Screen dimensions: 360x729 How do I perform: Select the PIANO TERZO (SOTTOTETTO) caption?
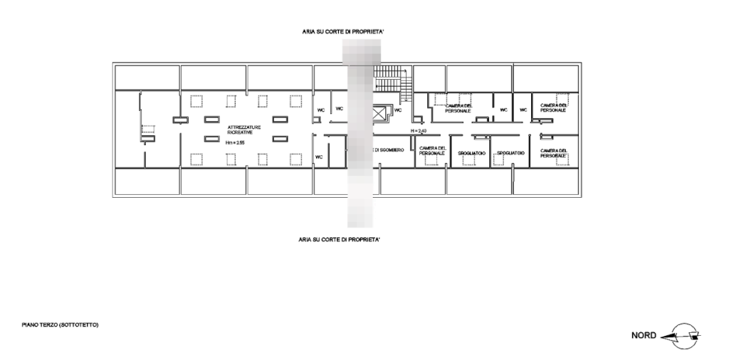(60, 325)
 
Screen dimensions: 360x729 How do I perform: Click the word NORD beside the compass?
(644, 335)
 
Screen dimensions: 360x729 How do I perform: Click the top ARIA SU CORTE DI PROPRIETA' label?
(343, 32)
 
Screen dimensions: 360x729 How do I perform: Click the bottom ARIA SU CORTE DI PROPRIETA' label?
(340, 240)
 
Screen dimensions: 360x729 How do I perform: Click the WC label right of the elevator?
(399, 110)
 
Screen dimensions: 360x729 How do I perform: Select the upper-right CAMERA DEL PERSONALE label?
(552, 107)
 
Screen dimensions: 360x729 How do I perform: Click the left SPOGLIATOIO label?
(471, 153)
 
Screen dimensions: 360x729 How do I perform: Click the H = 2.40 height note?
(418, 131)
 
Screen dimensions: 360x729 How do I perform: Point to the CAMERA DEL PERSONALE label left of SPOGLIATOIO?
(432, 150)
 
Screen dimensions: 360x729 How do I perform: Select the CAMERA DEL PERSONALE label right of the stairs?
(458, 108)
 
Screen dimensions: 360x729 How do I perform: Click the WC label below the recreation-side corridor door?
(320, 157)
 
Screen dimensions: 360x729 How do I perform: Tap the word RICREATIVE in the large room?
(240, 132)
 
